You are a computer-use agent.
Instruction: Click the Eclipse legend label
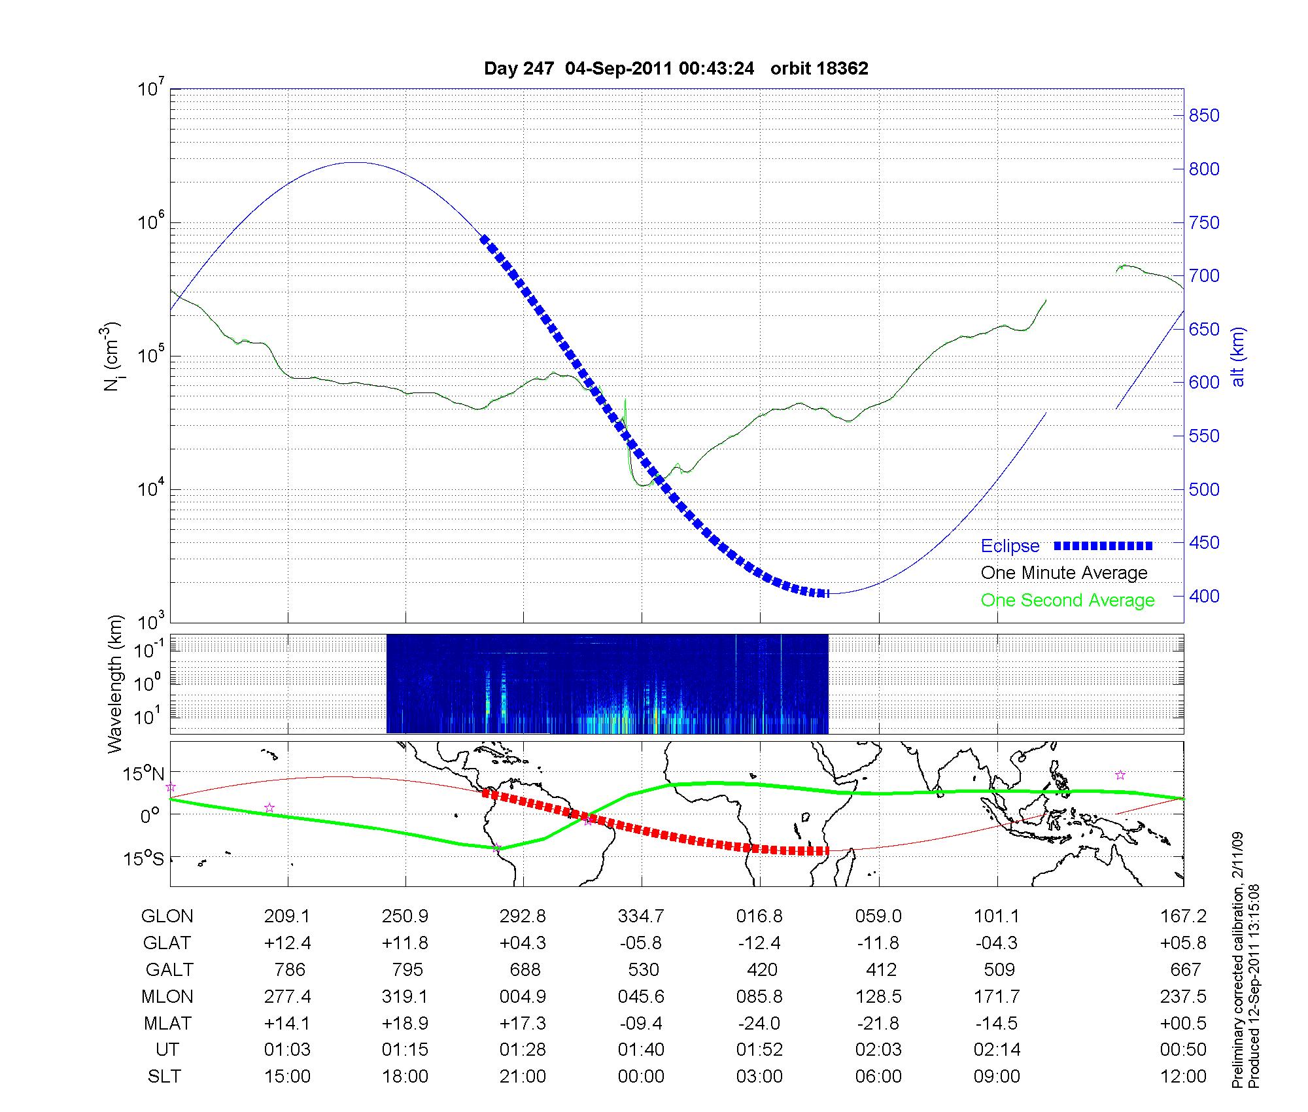[x=1010, y=546]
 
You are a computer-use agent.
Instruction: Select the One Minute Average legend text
[x=1064, y=573]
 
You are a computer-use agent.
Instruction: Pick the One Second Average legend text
[x=1067, y=600]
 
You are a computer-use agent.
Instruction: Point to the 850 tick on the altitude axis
[x=1203, y=116]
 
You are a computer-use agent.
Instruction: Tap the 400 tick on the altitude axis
[x=1203, y=596]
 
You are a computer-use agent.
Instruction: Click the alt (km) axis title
[x=1238, y=356]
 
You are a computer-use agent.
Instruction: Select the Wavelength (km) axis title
[x=115, y=684]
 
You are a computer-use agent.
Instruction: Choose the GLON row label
[x=167, y=916]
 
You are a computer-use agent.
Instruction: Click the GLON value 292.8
[x=523, y=916]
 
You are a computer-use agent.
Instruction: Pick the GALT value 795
[x=406, y=969]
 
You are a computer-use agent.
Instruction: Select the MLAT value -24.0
[x=760, y=1023]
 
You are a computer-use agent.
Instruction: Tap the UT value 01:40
[x=641, y=1050]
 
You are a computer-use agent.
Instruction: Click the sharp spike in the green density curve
[x=625, y=400]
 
